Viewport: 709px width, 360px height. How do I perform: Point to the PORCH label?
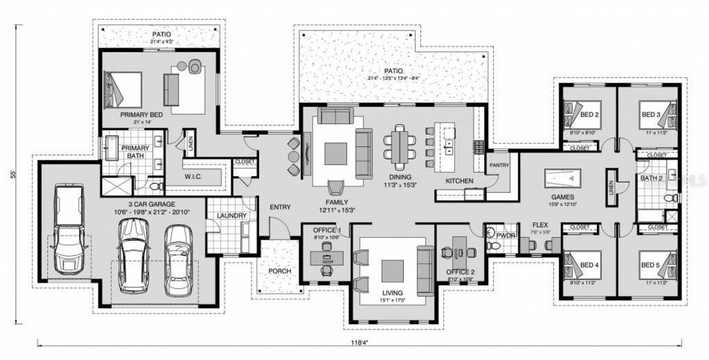click(279, 271)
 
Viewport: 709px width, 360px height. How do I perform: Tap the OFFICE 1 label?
click(327, 230)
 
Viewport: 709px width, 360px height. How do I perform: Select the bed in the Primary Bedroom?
click(123, 89)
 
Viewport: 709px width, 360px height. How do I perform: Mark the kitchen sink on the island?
click(449, 145)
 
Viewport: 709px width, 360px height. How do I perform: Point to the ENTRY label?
click(280, 207)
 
